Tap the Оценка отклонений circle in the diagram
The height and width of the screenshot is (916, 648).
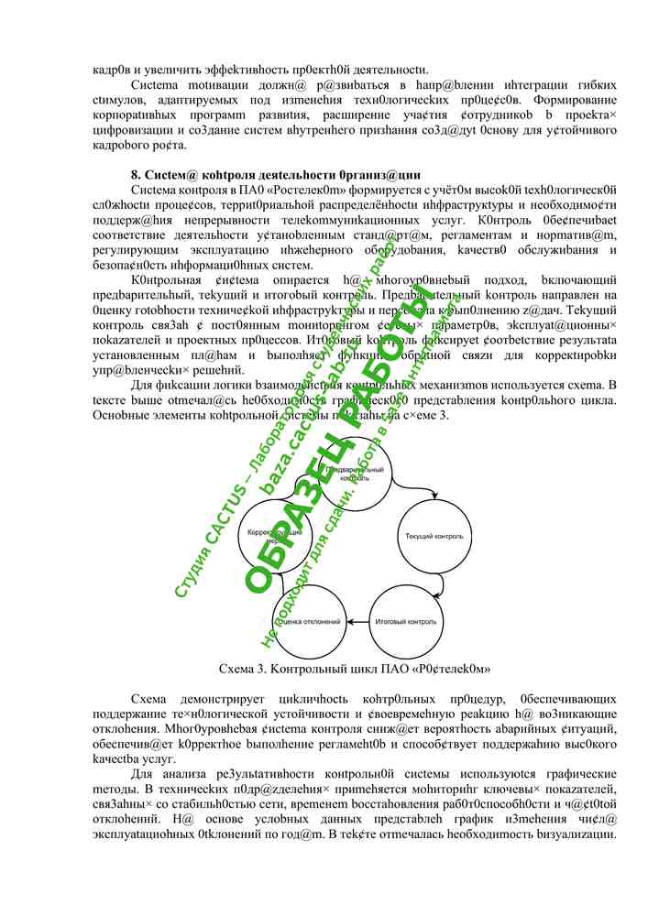pyautogui.click(x=312, y=622)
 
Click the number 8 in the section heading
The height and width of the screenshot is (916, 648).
pyautogui.click(x=134, y=174)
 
